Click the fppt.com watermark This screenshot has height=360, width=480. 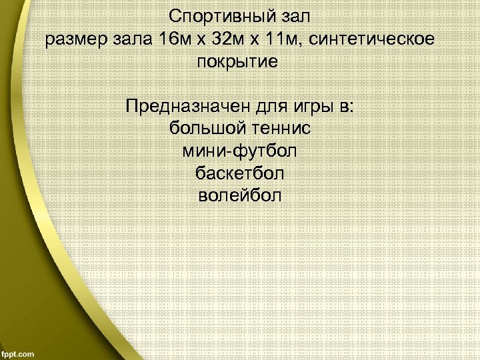click(19, 353)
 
